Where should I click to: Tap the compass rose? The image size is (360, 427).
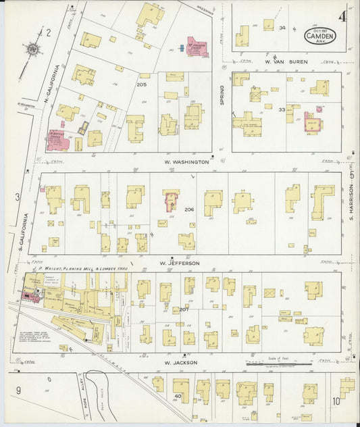pyautogui.click(x=31, y=49)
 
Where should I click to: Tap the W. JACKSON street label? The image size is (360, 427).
pyautogui.click(x=180, y=362)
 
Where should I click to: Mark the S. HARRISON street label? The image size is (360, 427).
pyautogui.click(x=352, y=195)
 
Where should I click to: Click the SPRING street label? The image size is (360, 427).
pyautogui.click(x=221, y=89)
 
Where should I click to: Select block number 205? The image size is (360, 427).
pyautogui.click(x=141, y=84)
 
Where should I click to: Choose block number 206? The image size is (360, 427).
pyautogui.click(x=188, y=209)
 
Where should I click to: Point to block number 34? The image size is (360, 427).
pyautogui.click(x=282, y=28)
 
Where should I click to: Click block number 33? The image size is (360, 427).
pyautogui.click(x=282, y=109)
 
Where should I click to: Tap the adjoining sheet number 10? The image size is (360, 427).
pyautogui.click(x=336, y=401)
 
